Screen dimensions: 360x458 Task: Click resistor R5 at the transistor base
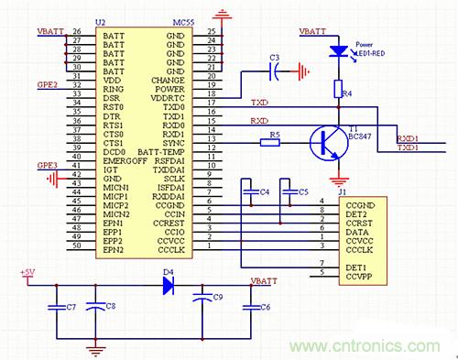(272, 141)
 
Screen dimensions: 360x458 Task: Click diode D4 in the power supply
(169, 285)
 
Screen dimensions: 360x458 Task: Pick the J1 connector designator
(343, 191)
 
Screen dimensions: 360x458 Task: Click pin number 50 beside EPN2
(76, 249)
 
